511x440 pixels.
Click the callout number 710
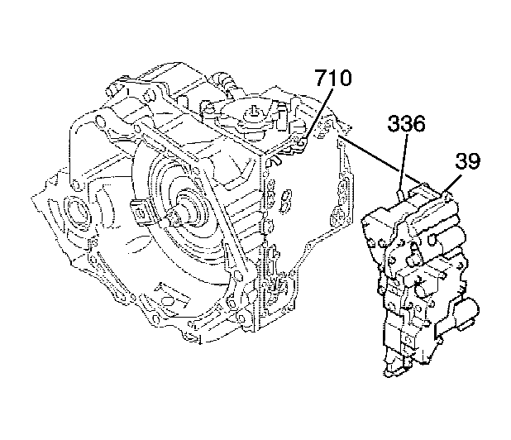coord(332,78)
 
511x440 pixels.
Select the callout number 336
coord(406,124)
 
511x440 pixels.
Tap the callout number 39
coord(467,160)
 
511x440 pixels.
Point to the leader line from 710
coord(318,114)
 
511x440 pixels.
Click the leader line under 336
coord(404,162)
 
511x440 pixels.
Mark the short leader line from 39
coord(451,184)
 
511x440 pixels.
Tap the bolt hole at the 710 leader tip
coord(302,142)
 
